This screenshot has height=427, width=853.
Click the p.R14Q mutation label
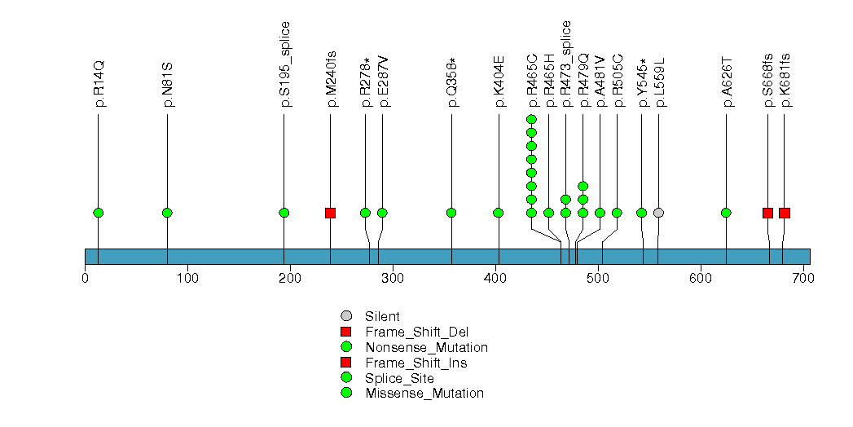coord(99,83)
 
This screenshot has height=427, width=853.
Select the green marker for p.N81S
coord(167,213)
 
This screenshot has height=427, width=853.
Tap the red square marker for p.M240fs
coord(330,213)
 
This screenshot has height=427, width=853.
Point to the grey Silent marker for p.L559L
coord(658,213)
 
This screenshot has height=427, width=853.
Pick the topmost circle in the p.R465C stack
coord(531,120)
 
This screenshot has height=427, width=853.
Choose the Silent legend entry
coord(381,316)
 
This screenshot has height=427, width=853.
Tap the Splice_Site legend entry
coord(399,378)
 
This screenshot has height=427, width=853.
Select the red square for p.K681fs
coord(785,213)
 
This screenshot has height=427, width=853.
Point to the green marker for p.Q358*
coord(451,213)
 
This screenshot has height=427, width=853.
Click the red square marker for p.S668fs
coord(767,213)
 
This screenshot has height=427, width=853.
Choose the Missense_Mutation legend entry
coord(424,394)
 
